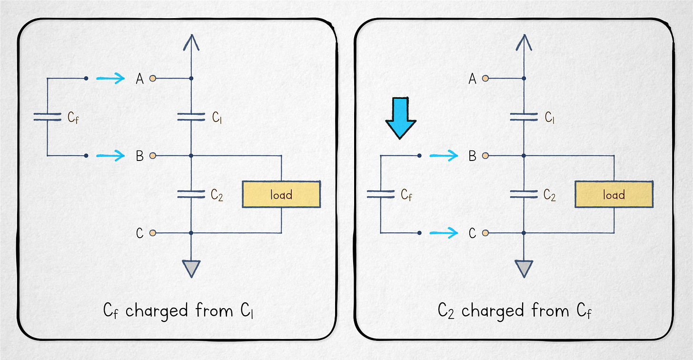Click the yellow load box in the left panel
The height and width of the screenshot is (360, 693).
281,194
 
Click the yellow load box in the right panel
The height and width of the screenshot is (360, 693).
614,194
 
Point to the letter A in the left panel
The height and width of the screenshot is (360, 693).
139,79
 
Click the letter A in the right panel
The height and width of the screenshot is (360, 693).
472,79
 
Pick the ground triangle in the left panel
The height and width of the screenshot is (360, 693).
191,268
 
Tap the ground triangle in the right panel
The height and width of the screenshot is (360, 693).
524,268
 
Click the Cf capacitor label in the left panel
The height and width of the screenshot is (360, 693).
73,117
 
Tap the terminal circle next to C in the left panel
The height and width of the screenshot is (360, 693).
152,233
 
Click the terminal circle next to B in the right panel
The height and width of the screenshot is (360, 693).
485,156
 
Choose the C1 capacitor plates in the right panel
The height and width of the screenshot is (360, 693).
524,117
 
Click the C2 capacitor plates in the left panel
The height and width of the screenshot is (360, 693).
191,194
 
